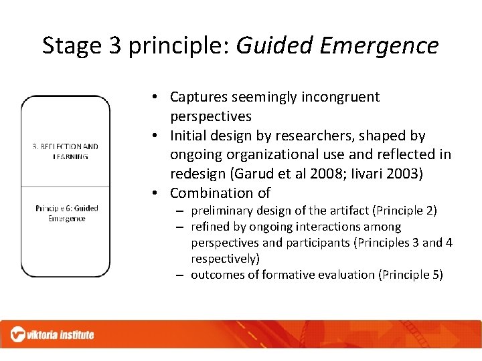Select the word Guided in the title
pos(274,45)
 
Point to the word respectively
pos(226,259)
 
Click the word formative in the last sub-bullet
pos(286,275)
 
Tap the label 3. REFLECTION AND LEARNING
pos(66,151)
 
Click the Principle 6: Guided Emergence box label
pos(66,213)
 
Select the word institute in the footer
pos(74,334)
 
